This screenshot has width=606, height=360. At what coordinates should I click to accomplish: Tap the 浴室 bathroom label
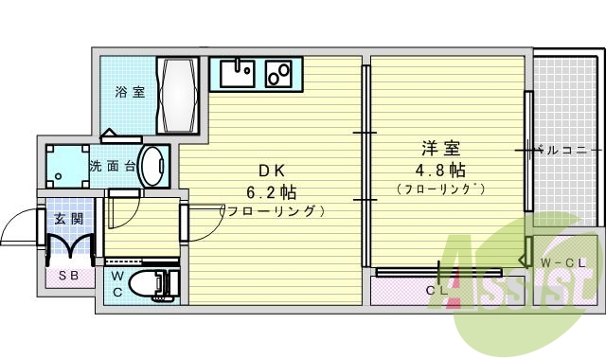pyautogui.click(x=131, y=93)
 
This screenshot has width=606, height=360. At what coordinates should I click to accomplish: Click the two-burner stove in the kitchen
pyautogui.click(x=281, y=71)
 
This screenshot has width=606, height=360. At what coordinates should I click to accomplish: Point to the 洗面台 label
pyautogui.click(x=112, y=167)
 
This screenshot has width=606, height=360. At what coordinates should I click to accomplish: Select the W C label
pyautogui.click(x=116, y=283)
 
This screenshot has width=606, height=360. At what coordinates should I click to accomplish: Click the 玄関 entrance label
pyautogui.click(x=69, y=220)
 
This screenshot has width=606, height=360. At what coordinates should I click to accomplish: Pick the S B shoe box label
pyautogui.click(x=68, y=277)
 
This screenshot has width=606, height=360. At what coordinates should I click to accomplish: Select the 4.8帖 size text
pyautogui.click(x=441, y=171)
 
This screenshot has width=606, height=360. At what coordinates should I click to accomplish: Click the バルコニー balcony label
pyautogui.click(x=564, y=150)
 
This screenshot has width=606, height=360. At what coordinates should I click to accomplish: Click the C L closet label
pyautogui.click(x=437, y=290)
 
